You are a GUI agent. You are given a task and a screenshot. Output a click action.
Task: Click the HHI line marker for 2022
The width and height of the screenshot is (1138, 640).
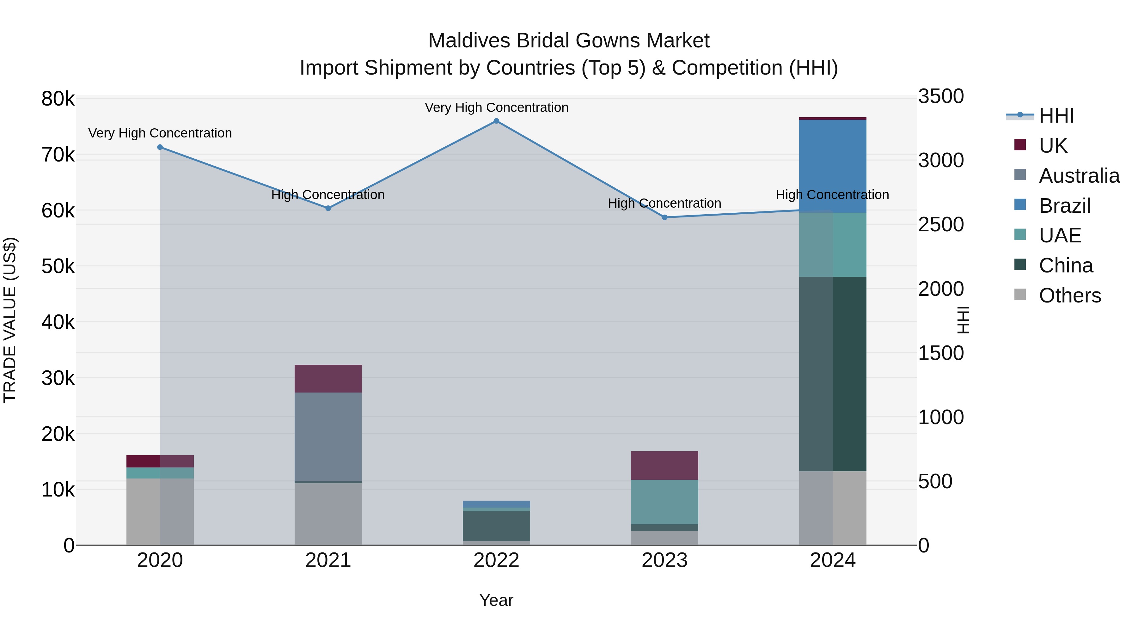[x=496, y=121]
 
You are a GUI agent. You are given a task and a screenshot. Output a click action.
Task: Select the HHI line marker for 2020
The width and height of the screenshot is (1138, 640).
[x=160, y=147]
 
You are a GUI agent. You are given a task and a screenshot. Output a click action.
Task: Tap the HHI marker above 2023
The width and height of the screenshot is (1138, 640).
[x=664, y=217]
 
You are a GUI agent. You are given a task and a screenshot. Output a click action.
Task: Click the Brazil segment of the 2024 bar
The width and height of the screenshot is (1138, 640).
[x=832, y=166]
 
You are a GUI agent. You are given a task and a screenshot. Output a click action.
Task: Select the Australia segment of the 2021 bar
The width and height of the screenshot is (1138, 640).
[x=328, y=436]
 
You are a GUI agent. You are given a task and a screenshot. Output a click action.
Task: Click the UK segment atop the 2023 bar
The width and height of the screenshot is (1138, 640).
[x=664, y=465]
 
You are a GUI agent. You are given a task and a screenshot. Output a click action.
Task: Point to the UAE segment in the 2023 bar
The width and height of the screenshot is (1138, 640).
[x=664, y=502]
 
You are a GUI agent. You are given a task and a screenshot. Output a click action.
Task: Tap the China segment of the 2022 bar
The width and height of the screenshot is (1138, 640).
[x=496, y=526]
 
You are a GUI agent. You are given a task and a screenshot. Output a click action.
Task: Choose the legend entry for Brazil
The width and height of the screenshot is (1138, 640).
[x=1064, y=206]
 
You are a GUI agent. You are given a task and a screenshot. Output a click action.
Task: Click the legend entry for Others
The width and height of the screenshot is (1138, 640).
[x=1069, y=296]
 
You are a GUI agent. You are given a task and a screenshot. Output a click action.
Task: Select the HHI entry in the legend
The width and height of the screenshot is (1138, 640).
[x=1056, y=116]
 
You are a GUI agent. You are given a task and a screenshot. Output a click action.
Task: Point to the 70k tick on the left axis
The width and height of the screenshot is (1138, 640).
[x=58, y=155]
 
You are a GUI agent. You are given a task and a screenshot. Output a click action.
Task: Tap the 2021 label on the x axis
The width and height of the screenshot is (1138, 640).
[x=328, y=560]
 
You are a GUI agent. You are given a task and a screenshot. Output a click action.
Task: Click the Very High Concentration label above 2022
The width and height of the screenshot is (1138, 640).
[x=496, y=107]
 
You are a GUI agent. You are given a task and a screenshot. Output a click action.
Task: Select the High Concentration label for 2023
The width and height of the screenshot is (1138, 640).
[x=664, y=203]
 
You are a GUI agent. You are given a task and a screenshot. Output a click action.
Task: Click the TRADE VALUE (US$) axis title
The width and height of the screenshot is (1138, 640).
[x=10, y=320]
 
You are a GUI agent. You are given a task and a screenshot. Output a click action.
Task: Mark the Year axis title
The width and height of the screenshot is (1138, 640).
[x=496, y=600]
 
